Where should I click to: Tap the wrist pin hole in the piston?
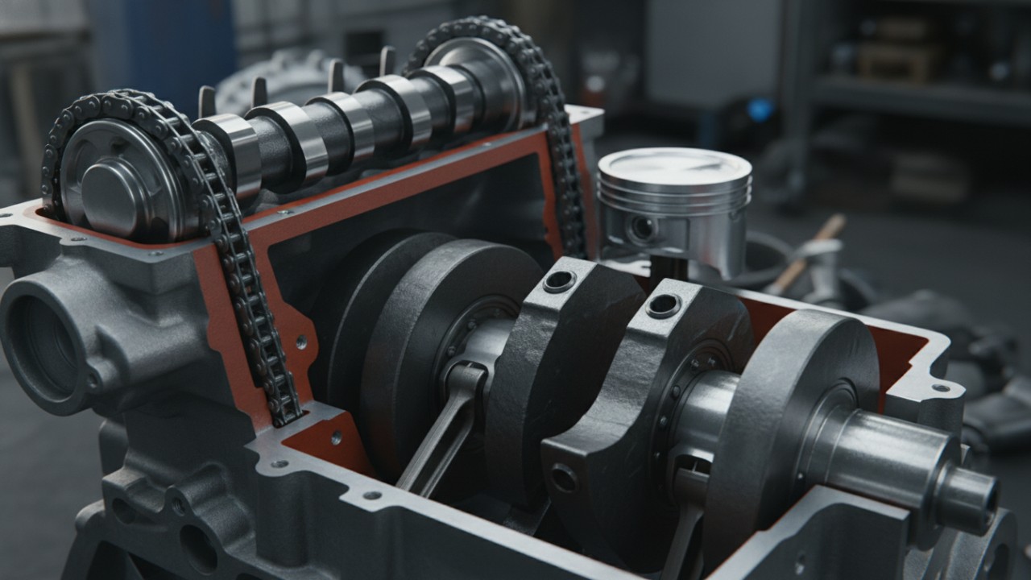click(x=642, y=230)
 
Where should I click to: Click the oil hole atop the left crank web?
click(x=559, y=281)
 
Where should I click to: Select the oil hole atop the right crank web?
click(x=663, y=305)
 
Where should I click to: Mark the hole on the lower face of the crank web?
click(x=563, y=478)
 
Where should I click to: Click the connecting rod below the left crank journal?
click(x=439, y=435)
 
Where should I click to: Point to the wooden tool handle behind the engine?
click(x=809, y=250)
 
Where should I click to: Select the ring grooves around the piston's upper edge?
click(x=675, y=193)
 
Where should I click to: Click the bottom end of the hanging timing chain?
click(x=286, y=415)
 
